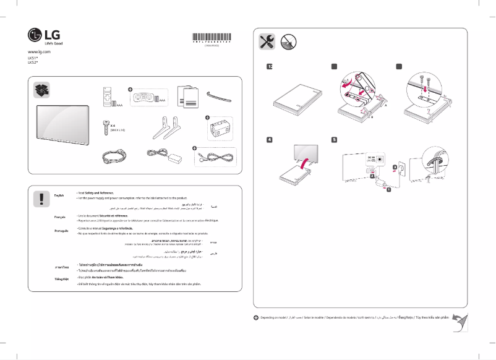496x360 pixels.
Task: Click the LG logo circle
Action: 35,35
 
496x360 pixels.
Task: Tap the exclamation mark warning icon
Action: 41,197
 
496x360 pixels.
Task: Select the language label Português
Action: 62,229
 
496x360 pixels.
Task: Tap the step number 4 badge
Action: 269,139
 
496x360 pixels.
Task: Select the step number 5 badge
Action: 333,139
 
